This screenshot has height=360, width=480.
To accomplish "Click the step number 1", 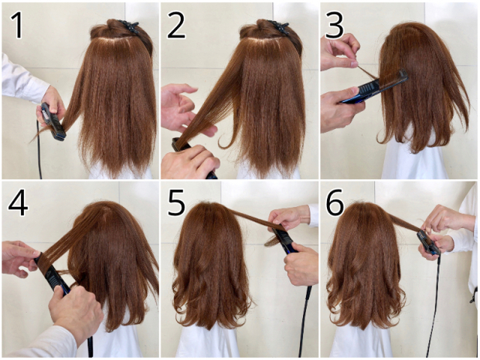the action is [18, 25].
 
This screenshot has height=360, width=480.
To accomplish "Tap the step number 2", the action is [176, 25].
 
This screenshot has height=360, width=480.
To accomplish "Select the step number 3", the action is [335, 25].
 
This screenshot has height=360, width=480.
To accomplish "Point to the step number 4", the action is [18, 203].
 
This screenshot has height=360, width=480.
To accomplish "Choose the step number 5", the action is [176, 202].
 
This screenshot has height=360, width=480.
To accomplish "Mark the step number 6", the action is [335, 202].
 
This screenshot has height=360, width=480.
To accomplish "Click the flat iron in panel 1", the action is [53, 122].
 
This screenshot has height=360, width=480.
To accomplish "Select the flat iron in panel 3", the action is [375, 87].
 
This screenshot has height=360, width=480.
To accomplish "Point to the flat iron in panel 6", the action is [428, 243].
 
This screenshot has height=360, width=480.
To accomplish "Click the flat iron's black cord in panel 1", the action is [39, 150].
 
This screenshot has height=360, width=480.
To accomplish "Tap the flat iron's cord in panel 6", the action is [433, 306].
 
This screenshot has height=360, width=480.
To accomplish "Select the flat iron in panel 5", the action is [284, 239].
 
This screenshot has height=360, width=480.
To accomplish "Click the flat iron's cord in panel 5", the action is [305, 321].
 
